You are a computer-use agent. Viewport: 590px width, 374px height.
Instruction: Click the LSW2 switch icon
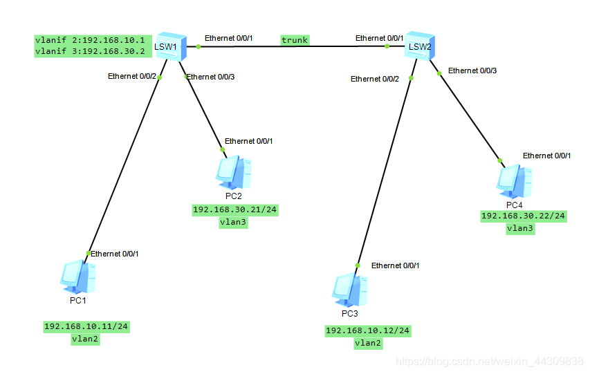click(419, 46)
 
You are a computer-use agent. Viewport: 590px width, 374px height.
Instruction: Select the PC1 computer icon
click(77, 277)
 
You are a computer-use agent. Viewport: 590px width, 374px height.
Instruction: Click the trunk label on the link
click(295, 40)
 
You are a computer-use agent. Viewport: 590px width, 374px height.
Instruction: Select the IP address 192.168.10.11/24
click(86, 326)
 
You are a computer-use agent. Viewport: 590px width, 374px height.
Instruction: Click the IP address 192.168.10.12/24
click(368, 331)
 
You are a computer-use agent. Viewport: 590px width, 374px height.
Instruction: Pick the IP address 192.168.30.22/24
click(524, 216)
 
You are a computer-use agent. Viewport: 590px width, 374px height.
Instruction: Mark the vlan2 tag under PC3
click(368, 343)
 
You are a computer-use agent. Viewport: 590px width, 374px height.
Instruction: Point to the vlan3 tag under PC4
click(520, 228)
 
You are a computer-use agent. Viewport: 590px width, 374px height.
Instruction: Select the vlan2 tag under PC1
click(86, 339)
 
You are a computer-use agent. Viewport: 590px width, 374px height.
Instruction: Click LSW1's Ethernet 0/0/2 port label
click(132, 77)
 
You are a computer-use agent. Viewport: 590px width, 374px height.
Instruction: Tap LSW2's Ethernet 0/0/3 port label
click(472, 71)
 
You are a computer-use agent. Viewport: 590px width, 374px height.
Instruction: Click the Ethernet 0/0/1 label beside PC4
click(547, 156)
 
